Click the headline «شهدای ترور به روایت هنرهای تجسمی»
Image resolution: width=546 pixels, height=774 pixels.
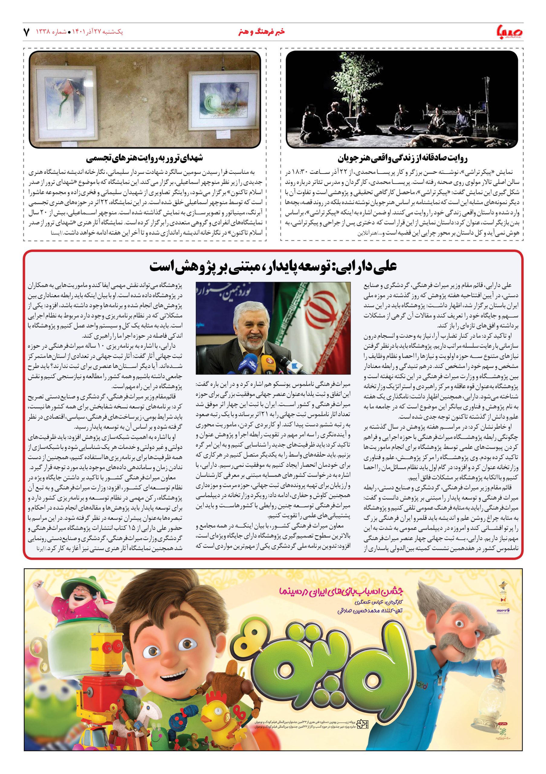(144, 158)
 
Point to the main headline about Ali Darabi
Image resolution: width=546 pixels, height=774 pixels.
(273, 266)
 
